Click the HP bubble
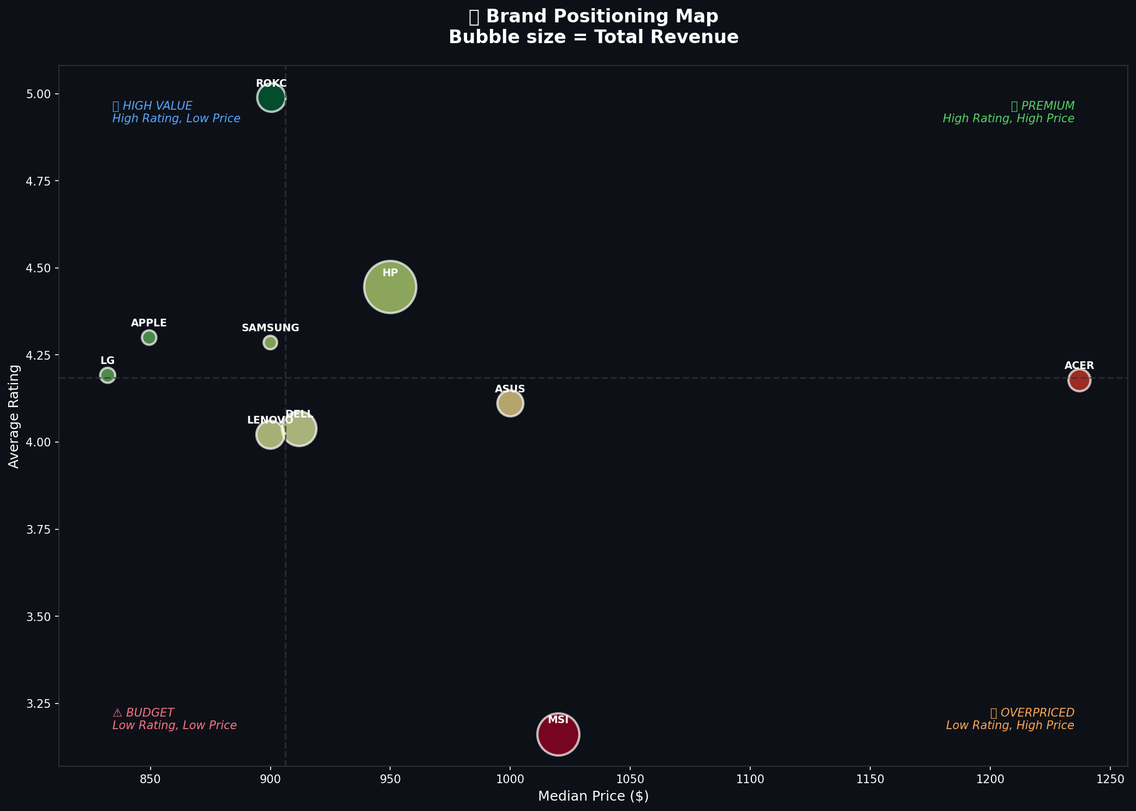(x=390, y=287)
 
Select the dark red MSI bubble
(x=558, y=735)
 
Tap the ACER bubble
(x=1079, y=380)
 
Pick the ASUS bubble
(x=510, y=404)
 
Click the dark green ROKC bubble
(x=271, y=98)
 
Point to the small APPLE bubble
(x=149, y=337)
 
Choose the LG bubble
(x=107, y=375)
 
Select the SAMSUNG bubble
(x=270, y=342)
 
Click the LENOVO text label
(x=270, y=420)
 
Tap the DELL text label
(x=299, y=414)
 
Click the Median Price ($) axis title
(x=593, y=796)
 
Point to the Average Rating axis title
(x=14, y=416)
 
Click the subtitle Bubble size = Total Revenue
(x=593, y=37)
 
